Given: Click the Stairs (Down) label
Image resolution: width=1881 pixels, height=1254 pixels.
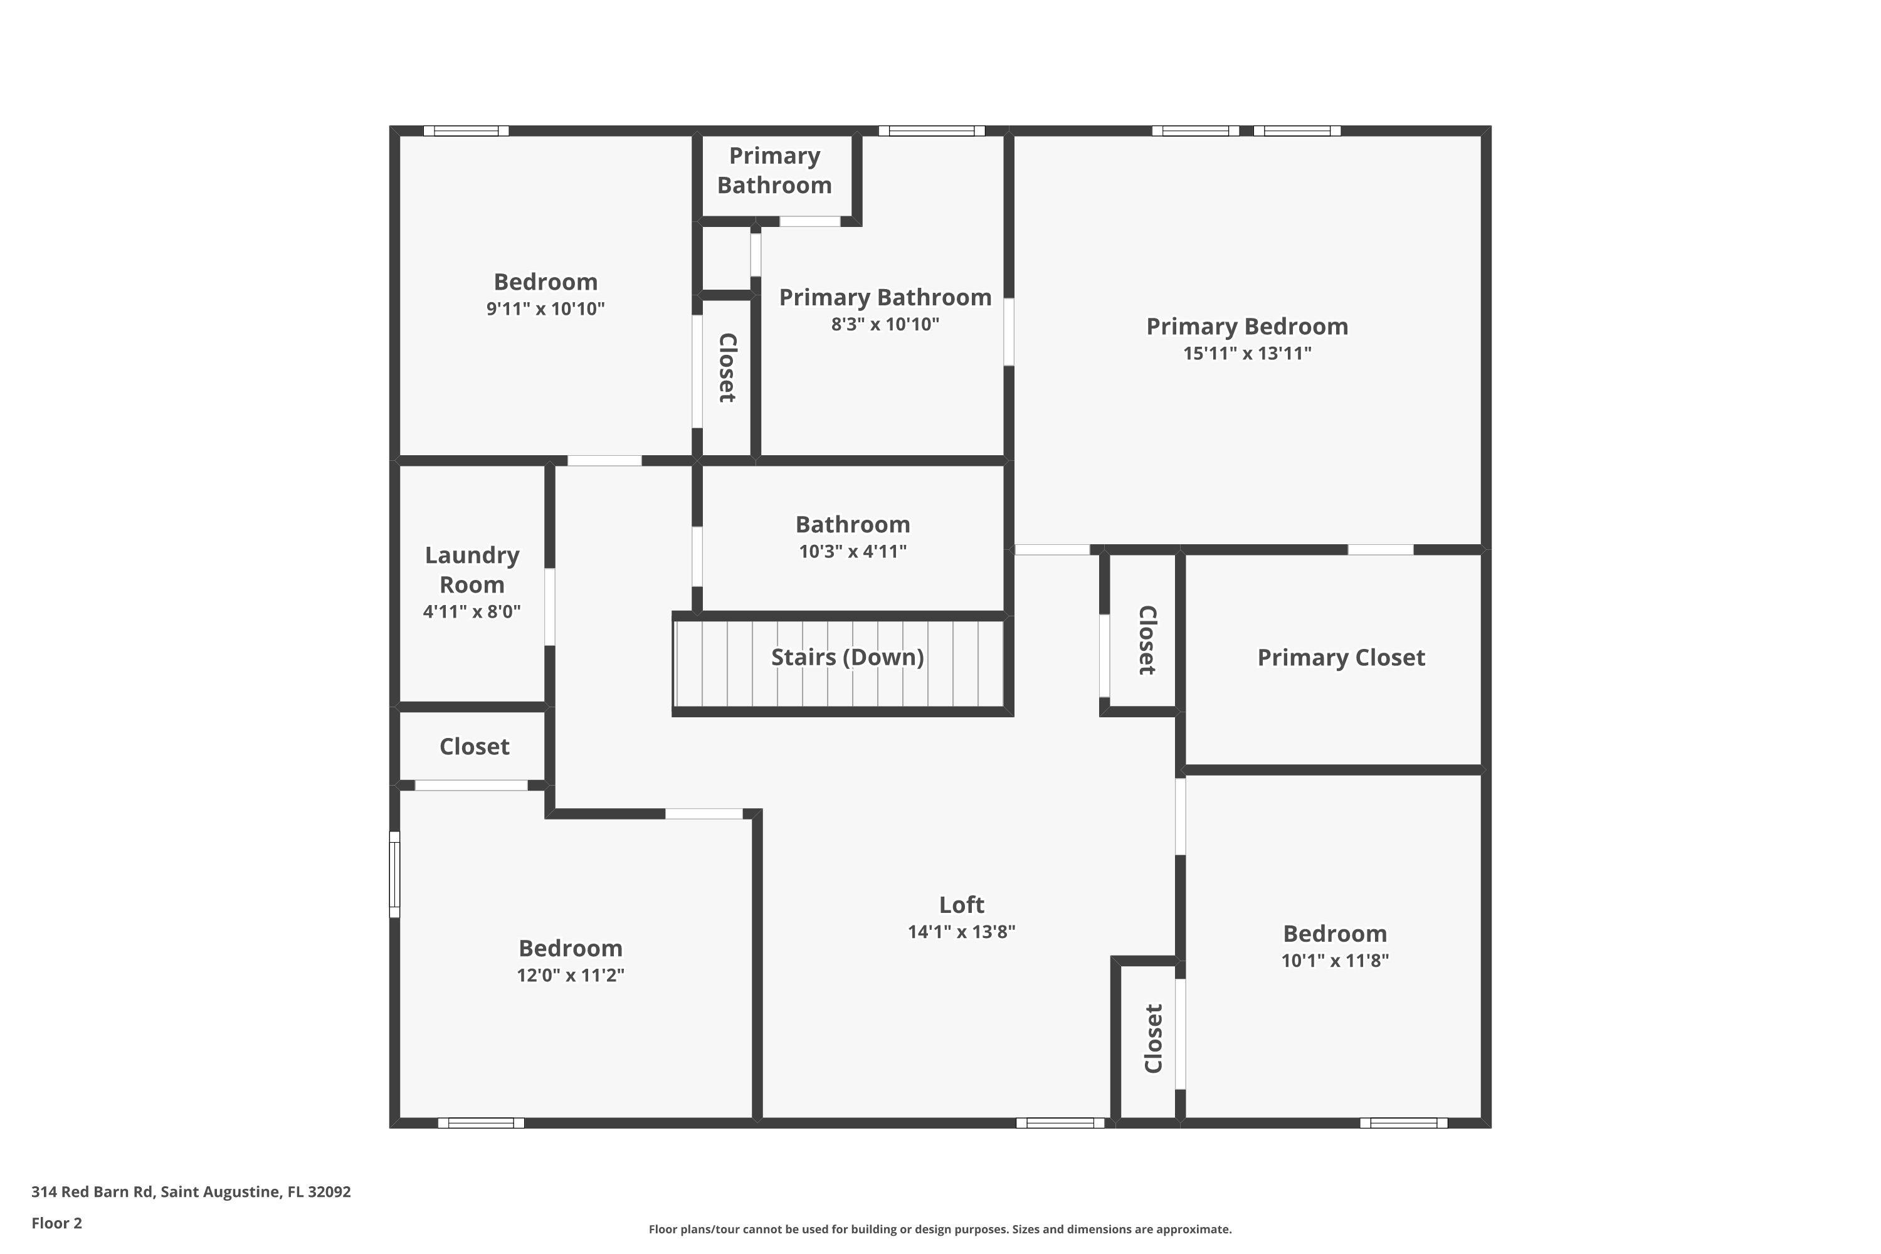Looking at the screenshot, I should [847, 657].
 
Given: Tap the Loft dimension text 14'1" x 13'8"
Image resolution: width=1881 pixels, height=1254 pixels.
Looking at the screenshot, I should [961, 932].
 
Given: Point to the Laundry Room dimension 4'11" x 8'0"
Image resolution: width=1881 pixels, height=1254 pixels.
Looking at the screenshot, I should [472, 612].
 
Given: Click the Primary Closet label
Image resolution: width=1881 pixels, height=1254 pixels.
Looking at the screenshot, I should [1341, 657].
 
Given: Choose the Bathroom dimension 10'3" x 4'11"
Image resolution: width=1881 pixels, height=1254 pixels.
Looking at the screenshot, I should [853, 551].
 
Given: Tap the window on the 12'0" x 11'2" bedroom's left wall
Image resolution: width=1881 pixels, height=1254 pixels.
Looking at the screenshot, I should [394, 874].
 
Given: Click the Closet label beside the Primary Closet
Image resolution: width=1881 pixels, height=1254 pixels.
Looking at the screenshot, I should [1147, 640].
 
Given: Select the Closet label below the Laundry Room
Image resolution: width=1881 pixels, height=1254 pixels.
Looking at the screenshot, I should [474, 746].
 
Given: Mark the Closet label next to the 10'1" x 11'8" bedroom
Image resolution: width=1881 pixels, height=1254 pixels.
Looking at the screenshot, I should [1152, 1038].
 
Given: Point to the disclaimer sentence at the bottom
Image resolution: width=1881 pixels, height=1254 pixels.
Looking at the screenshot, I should [940, 1229].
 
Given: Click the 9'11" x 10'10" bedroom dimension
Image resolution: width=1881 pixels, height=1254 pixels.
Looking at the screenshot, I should [545, 308].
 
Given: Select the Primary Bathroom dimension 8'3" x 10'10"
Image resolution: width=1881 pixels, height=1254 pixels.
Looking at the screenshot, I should [885, 324].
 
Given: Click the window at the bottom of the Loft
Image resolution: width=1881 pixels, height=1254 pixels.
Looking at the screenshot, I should [1060, 1123].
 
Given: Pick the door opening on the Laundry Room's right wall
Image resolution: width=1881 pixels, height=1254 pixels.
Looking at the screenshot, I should [549, 606].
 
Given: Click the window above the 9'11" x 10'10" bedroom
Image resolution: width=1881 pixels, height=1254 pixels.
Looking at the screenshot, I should [465, 131].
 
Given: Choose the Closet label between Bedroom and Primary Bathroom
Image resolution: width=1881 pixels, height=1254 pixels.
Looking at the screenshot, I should [727, 368].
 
